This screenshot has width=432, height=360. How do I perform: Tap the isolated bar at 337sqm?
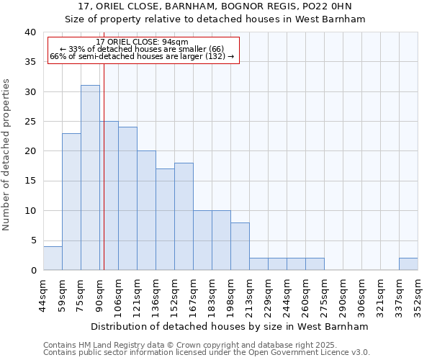(408, 264)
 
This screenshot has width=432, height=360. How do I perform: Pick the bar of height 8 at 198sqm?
(240, 246)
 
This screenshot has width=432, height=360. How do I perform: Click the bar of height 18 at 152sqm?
(184, 216)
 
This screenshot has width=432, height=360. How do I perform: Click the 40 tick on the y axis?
(30, 32)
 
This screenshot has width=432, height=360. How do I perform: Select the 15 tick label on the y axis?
(30, 181)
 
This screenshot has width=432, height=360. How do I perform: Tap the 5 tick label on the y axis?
(33, 240)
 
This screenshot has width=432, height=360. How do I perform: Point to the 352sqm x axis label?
(418, 294)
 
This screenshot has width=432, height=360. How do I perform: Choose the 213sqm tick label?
(249, 294)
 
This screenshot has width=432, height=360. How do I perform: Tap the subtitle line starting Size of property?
(215, 19)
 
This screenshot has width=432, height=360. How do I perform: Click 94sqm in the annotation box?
(174, 42)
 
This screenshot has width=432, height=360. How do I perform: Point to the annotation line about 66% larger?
(142, 56)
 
